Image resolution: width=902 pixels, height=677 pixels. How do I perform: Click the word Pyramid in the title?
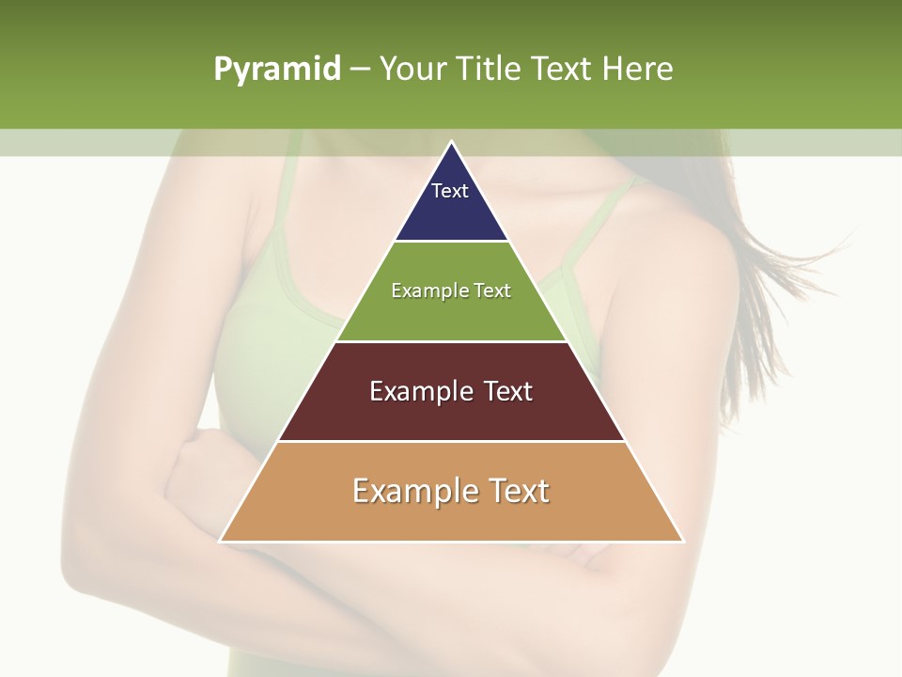pos(276,70)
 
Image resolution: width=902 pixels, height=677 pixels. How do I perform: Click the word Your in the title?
pos(414,69)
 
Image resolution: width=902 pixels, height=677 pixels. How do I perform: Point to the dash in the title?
pos(360,70)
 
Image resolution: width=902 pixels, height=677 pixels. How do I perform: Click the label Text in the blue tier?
pos(450,191)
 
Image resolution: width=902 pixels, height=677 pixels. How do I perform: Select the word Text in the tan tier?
pos(516,491)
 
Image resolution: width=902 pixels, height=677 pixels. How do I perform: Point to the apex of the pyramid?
pos(452,143)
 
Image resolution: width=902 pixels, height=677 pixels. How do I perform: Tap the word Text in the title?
pos(562,69)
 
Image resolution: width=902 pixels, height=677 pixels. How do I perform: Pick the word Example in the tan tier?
pos(413,491)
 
